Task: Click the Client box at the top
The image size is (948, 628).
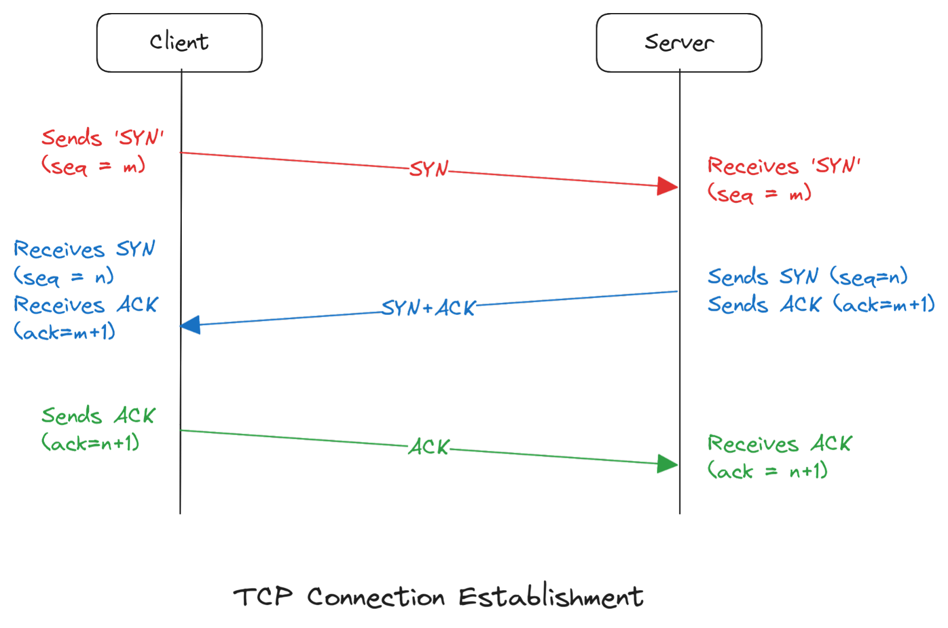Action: point(179,43)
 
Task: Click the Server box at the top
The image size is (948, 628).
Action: point(678,43)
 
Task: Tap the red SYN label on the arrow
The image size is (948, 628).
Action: point(430,170)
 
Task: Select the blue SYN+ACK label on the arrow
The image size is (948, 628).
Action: point(428,308)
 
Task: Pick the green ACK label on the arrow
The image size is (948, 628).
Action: point(430,447)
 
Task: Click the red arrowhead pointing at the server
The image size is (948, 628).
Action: point(668,186)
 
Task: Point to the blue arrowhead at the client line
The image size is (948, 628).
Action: point(191,325)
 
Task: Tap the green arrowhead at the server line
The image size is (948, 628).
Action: point(668,464)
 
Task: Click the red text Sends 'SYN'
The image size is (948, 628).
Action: point(102,138)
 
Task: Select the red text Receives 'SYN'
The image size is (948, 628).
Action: point(783,166)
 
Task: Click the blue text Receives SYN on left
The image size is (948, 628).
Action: point(85,250)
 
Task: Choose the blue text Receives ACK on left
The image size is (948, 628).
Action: point(86,305)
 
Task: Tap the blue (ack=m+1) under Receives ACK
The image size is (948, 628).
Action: point(65,332)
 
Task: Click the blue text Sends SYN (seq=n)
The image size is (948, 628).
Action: point(807,277)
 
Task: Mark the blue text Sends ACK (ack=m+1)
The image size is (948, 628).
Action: point(821,305)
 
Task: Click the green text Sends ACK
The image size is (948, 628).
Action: point(98,416)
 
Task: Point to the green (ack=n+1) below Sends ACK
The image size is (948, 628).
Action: point(91,443)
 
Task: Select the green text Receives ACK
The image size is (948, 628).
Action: point(779,444)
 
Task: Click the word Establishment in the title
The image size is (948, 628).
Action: point(551,597)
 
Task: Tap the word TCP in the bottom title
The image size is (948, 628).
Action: point(262,596)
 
